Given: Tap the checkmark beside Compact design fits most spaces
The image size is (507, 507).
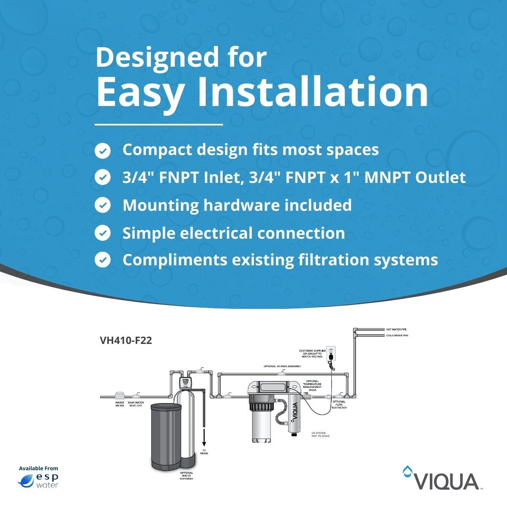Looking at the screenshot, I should (x=102, y=150).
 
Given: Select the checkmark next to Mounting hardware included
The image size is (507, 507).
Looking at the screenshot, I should (x=102, y=205).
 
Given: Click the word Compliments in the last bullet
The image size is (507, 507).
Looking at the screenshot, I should (x=174, y=260).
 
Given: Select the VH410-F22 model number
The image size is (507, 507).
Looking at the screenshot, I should (x=125, y=341).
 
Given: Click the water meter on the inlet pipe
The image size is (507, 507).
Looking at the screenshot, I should (x=120, y=395).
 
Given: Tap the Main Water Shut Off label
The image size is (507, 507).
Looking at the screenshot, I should (x=136, y=404).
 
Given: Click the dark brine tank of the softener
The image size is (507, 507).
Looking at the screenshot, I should (x=166, y=435).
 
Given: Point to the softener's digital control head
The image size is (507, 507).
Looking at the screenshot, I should (x=185, y=383).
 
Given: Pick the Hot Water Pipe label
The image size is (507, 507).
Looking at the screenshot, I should (x=396, y=329).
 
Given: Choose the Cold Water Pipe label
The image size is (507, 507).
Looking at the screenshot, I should (x=397, y=335).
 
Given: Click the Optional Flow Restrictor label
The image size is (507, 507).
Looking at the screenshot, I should (x=339, y=404).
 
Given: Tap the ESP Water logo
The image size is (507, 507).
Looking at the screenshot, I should (x=38, y=480).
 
